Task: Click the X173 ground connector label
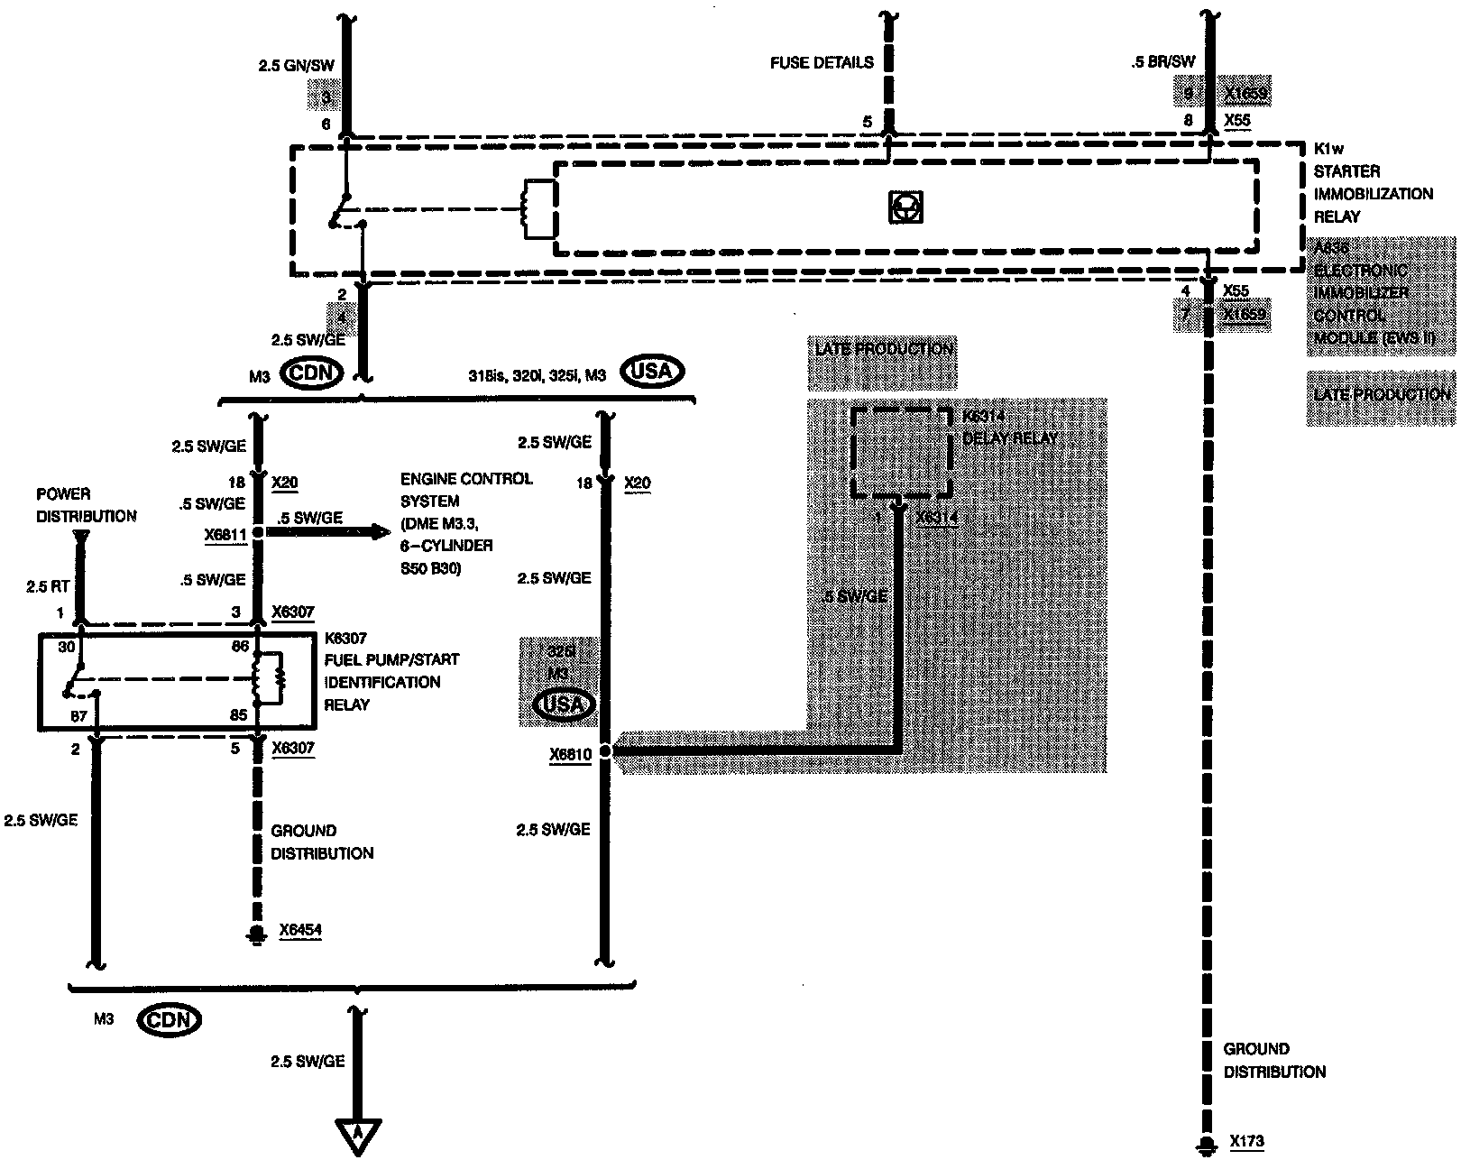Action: point(1246,1142)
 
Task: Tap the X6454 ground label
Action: point(299,931)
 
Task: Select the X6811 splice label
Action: point(225,535)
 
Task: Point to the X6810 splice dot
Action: point(604,751)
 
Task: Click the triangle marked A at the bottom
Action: point(358,1137)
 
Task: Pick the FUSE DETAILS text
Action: point(822,62)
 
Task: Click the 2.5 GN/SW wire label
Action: point(296,65)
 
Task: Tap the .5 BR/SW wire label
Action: point(1163,62)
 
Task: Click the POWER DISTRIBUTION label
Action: point(87,505)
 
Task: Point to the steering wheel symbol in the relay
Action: point(904,208)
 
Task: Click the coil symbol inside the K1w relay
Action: point(539,209)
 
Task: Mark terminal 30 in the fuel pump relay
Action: point(66,646)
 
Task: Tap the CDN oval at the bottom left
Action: point(170,1020)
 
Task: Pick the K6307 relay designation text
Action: point(346,639)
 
